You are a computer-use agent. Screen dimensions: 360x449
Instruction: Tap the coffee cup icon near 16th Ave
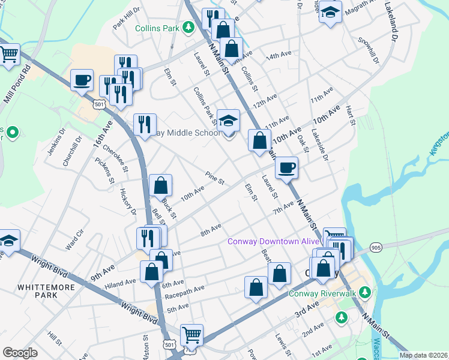[82, 79]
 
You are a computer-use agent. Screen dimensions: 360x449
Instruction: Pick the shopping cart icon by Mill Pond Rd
[9, 55]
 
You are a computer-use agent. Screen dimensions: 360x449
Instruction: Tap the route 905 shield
[376, 247]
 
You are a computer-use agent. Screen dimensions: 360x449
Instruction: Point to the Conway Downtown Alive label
[273, 241]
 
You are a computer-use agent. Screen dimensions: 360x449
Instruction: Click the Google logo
[20, 353]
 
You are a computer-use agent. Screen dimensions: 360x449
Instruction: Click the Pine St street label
[214, 178]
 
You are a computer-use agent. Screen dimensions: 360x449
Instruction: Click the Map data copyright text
[423, 355]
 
